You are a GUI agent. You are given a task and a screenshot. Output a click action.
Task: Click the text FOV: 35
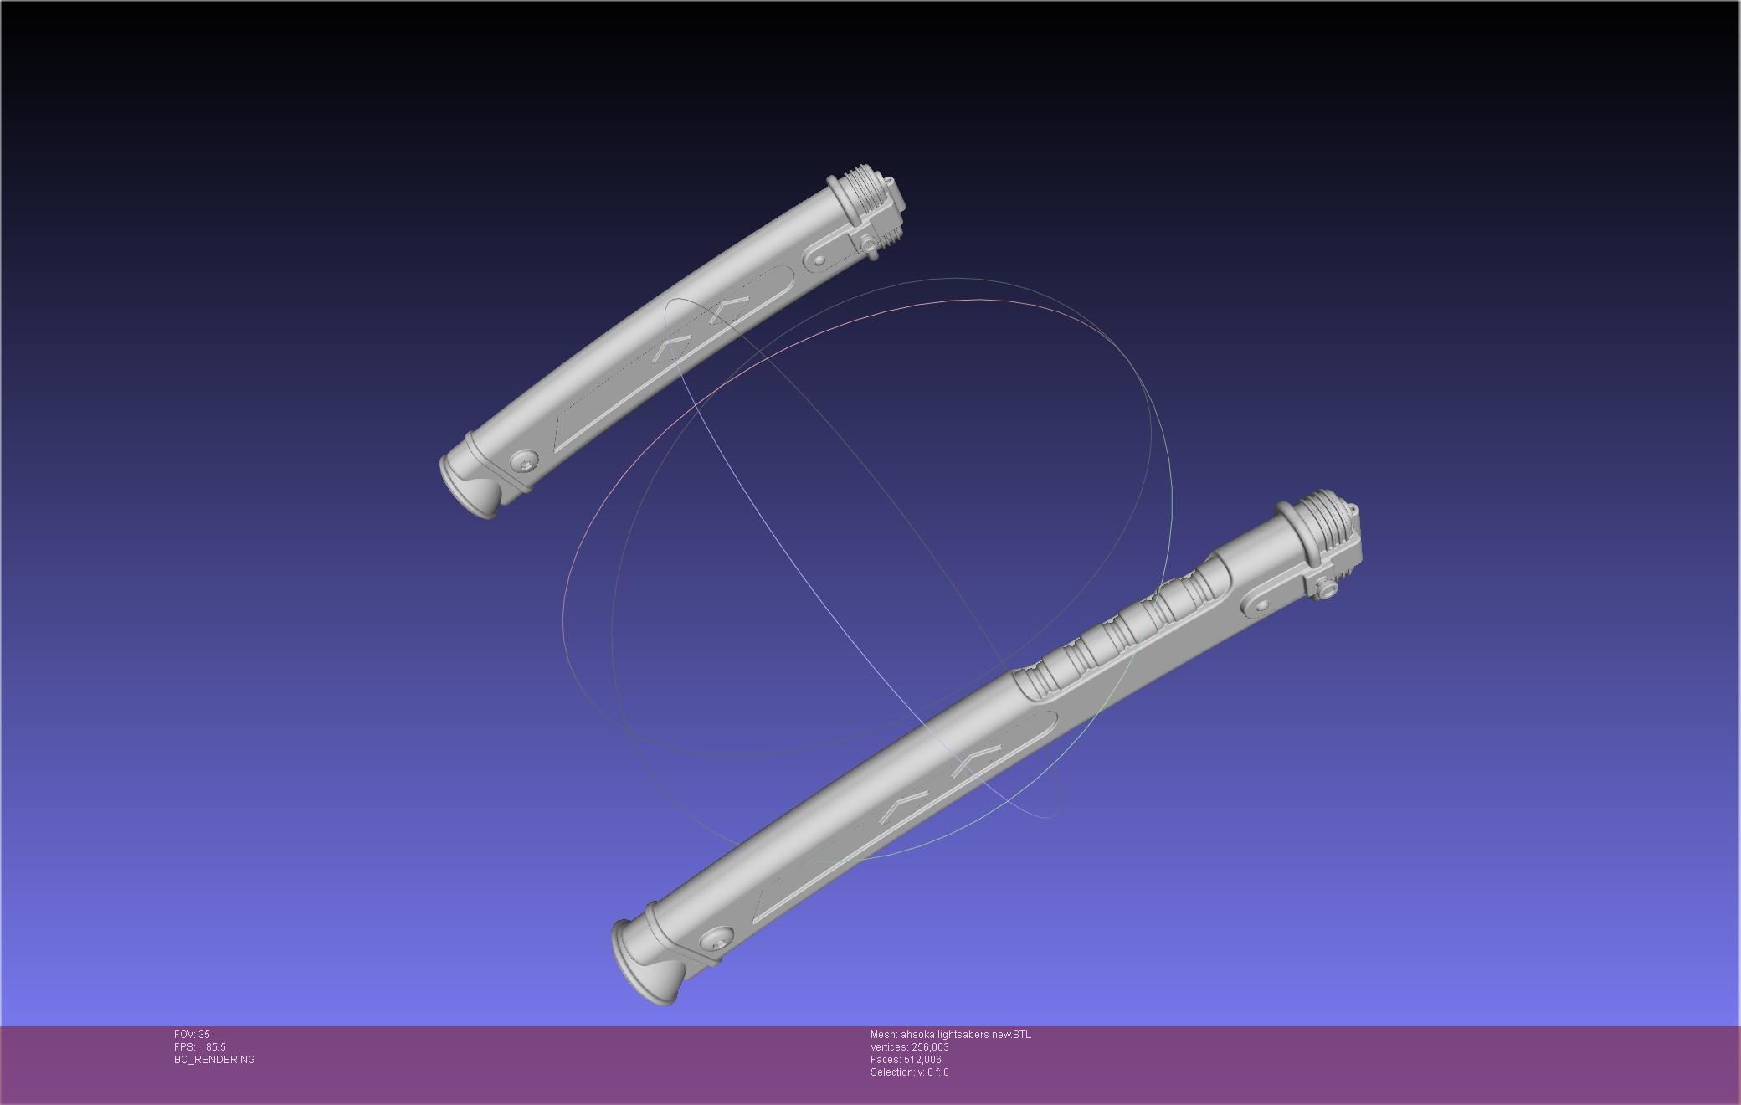[x=192, y=1035]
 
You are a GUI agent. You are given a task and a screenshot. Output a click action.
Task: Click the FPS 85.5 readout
[x=200, y=1047]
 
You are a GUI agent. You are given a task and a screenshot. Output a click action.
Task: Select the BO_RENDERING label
[x=214, y=1060]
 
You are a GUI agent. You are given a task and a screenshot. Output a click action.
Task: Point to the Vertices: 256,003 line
[x=909, y=1047]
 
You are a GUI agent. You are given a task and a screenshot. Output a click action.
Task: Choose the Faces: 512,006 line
[x=906, y=1060]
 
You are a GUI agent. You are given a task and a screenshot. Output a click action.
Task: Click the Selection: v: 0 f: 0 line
[x=909, y=1072]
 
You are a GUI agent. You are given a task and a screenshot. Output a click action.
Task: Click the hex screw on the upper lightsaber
[x=525, y=461]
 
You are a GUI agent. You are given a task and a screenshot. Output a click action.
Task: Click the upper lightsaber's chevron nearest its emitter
[x=728, y=310]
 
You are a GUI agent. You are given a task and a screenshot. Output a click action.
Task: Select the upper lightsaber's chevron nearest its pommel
[x=674, y=348]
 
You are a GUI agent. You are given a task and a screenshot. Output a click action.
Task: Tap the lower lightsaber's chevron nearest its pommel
[x=905, y=804]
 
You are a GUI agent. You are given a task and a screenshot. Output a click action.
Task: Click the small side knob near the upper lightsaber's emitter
[x=870, y=245]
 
